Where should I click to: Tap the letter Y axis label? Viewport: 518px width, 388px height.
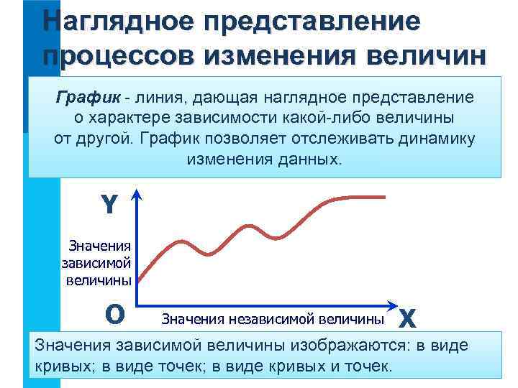[x=109, y=206]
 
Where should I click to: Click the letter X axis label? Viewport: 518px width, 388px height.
[x=407, y=317]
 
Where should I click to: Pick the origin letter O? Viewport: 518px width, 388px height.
[x=114, y=314]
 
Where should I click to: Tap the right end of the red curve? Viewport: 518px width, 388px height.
[x=386, y=198]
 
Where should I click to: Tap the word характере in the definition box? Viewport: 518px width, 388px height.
[x=132, y=117]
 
